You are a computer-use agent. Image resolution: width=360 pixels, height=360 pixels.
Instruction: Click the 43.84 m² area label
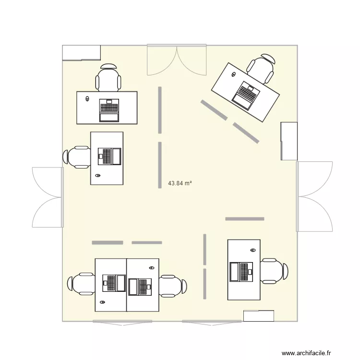(180, 183)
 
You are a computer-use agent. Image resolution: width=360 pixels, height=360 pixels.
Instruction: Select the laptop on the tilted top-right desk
(245, 95)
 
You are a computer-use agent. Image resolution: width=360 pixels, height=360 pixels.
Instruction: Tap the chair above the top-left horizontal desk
(108, 77)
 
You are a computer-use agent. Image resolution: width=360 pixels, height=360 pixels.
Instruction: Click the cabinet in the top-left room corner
(81, 52)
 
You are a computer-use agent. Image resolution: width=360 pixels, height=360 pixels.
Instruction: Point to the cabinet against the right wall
(289, 141)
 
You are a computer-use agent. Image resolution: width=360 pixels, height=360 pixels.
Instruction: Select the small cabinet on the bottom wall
(259, 316)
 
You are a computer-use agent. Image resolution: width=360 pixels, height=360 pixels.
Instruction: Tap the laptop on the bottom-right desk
(241, 271)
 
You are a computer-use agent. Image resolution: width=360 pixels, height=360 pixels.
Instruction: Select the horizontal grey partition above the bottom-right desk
(245, 219)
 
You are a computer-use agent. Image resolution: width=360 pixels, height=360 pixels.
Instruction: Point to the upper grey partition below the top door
(159, 110)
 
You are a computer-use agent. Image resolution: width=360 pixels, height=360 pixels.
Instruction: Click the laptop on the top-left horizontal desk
(109, 110)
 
